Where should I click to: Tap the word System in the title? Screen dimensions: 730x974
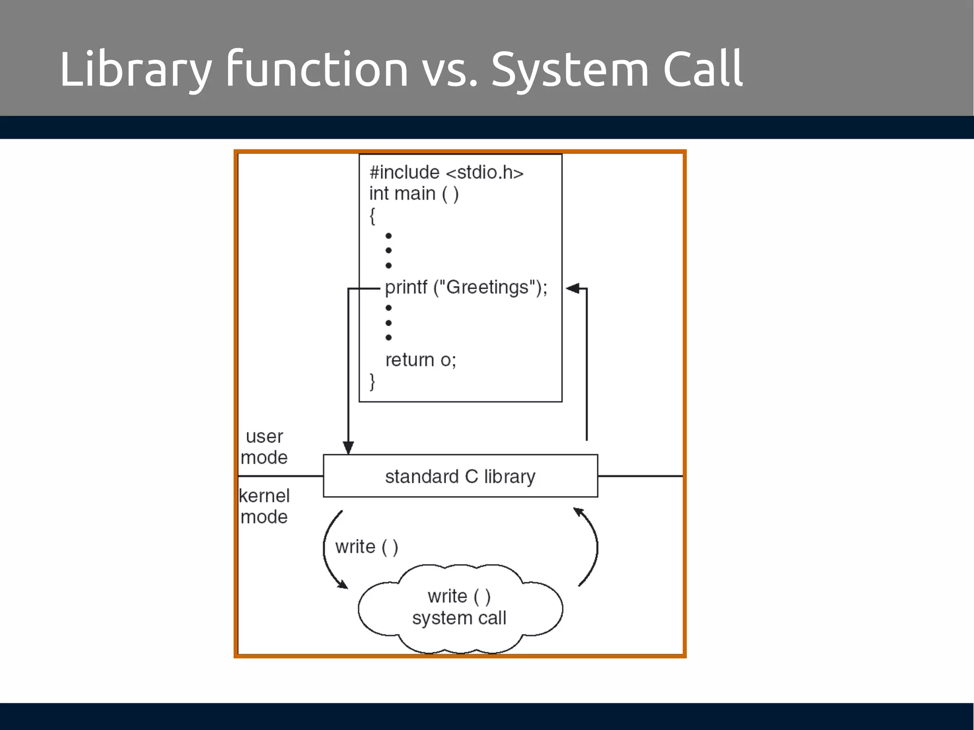(x=570, y=70)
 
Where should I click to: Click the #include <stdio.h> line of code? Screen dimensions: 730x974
(x=446, y=172)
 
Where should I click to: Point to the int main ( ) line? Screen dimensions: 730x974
(x=414, y=194)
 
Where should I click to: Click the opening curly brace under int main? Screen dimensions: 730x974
(x=372, y=216)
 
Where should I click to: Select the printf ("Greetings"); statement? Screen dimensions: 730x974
(x=466, y=288)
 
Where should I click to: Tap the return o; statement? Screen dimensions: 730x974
(x=420, y=360)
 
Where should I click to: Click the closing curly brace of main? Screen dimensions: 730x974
(x=372, y=381)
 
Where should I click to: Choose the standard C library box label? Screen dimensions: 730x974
(x=460, y=476)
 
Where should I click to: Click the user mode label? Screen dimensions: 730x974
(x=264, y=447)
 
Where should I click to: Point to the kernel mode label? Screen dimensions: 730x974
(x=264, y=506)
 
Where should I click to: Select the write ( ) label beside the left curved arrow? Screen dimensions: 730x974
(x=366, y=547)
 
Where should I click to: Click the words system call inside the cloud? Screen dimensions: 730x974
(x=459, y=618)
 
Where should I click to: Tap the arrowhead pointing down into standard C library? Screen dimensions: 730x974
(x=348, y=448)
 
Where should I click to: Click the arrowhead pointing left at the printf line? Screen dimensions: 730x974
(x=572, y=288)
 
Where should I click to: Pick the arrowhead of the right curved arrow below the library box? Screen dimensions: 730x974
(x=578, y=512)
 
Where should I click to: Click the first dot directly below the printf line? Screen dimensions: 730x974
(x=389, y=307)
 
